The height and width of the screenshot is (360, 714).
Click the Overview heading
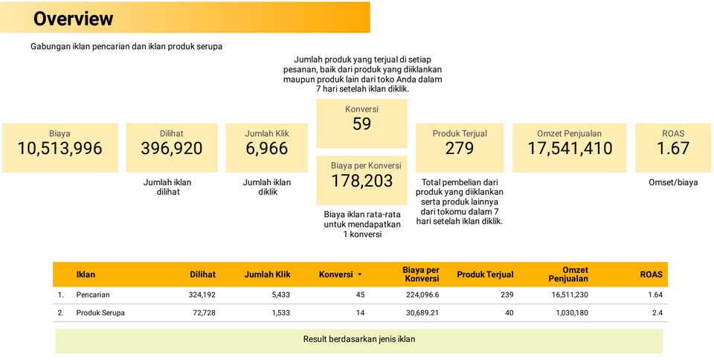pyautogui.click(x=73, y=19)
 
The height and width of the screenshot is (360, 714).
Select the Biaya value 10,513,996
pyautogui.click(x=59, y=149)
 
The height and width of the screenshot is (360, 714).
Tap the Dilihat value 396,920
pyautogui.click(x=171, y=149)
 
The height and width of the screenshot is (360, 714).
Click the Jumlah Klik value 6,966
pyautogui.click(x=266, y=149)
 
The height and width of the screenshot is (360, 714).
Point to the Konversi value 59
pyautogui.click(x=361, y=124)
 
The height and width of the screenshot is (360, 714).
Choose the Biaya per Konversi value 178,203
pyautogui.click(x=361, y=181)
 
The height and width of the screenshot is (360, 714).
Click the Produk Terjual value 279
pyautogui.click(x=459, y=149)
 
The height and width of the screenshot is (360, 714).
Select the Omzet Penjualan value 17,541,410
pyautogui.click(x=570, y=149)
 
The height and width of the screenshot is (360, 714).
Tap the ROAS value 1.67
pyautogui.click(x=672, y=149)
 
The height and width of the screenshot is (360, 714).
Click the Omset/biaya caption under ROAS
pyautogui.click(x=673, y=182)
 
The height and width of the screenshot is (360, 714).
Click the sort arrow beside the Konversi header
pyautogui.click(x=360, y=274)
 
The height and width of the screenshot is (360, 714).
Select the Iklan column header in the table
pyautogui.click(x=86, y=274)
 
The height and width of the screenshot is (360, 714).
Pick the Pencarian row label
pyautogui.click(x=93, y=295)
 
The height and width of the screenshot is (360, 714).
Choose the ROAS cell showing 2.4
pyautogui.click(x=657, y=313)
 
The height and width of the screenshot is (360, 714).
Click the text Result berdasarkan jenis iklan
pyautogui.click(x=358, y=339)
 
